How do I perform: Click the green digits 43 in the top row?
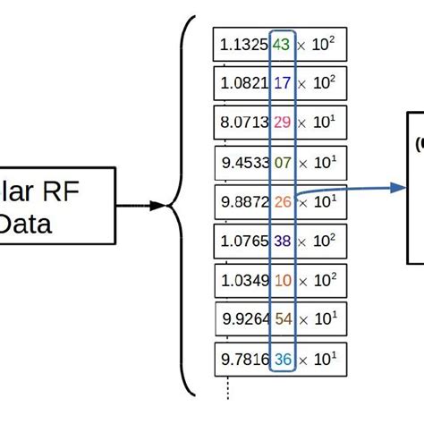(x=282, y=44)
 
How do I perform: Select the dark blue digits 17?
(x=282, y=82)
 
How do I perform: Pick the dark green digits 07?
(x=282, y=164)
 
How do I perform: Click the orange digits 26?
(x=282, y=202)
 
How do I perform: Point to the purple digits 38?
(x=282, y=241)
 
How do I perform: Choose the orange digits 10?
(x=282, y=280)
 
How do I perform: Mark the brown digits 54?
(x=282, y=319)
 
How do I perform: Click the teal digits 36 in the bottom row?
(x=282, y=359)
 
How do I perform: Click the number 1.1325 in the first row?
(x=244, y=44)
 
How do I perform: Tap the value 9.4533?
(x=244, y=164)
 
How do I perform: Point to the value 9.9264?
(x=244, y=319)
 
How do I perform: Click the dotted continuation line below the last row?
(x=228, y=389)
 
